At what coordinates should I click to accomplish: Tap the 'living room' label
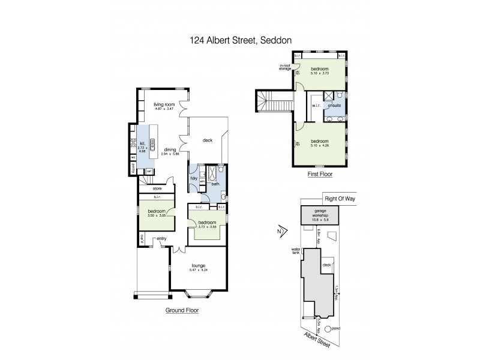(163, 103)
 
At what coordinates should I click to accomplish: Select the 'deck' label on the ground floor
(208, 139)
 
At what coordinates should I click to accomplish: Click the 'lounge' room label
(198, 265)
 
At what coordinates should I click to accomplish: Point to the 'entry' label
(162, 239)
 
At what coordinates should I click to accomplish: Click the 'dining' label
(170, 150)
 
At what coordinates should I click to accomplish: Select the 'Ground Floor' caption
(182, 311)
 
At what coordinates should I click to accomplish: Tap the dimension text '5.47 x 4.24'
(198, 270)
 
